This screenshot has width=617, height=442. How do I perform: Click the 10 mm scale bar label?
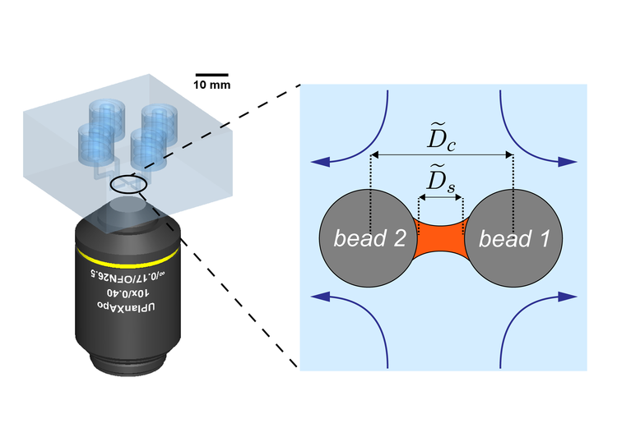click(211, 85)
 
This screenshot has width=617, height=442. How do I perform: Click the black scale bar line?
click(211, 74)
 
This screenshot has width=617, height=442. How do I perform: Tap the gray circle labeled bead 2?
click(368, 238)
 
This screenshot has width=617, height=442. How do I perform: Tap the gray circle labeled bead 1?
click(513, 238)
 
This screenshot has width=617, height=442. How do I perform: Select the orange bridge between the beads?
click(441, 239)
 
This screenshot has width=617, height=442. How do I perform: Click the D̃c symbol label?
click(441, 136)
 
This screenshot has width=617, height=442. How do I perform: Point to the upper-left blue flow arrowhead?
click(320, 162)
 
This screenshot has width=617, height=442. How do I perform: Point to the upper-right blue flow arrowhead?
click(568, 162)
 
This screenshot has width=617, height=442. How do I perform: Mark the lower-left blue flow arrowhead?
click(320, 297)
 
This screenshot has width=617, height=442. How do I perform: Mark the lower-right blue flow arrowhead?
click(568, 297)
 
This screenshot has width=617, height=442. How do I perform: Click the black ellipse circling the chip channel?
click(110, 184)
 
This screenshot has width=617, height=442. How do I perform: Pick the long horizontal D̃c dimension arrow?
click(442, 154)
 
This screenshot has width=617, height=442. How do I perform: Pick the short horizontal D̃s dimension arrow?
click(441, 197)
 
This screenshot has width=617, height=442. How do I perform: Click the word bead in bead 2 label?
click(355, 238)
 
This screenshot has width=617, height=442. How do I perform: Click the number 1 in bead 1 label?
click(545, 239)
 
